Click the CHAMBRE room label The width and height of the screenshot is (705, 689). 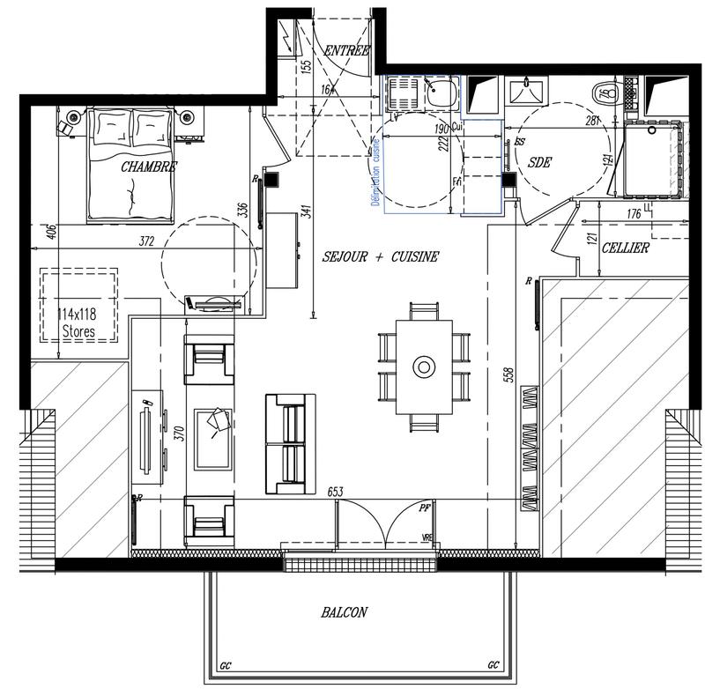click(x=149, y=166)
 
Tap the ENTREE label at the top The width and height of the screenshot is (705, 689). click(x=346, y=50)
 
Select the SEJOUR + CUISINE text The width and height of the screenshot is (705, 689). click(x=380, y=256)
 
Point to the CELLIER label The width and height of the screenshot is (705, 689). click(x=625, y=248)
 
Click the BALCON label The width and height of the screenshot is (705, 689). click(x=344, y=612)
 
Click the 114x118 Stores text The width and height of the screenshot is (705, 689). click(x=78, y=322)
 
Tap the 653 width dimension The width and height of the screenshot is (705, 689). click(x=336, y=492)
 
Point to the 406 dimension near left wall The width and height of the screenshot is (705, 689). click(x=50, y=233)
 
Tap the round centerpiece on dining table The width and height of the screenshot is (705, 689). click(x=424, y=366)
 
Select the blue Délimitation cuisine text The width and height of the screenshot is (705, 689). click(x=375, y=174)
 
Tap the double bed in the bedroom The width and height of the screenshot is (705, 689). click(x=130, y=164)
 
